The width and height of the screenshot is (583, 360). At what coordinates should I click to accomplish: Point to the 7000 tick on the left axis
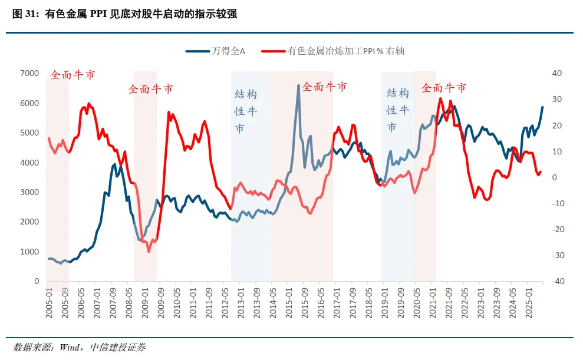29,73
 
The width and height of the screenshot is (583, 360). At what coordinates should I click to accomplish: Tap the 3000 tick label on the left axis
29,192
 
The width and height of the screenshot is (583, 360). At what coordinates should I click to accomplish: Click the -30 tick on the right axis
556,255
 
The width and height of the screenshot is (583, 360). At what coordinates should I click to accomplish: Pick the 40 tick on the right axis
556,73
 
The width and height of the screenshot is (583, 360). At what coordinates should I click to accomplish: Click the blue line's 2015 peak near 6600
298,85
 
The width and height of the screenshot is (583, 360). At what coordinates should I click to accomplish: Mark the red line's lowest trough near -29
149,252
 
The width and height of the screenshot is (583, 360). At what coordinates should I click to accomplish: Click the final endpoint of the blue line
543,107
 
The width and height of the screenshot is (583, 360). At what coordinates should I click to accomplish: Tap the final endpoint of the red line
541,172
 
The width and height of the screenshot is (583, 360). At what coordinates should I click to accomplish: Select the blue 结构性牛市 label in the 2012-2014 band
246,111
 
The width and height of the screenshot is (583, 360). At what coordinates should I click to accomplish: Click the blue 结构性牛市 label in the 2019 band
397,110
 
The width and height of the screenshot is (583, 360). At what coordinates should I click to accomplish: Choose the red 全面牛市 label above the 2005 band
72,75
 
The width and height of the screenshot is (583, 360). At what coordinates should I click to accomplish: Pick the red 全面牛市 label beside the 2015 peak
324,87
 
